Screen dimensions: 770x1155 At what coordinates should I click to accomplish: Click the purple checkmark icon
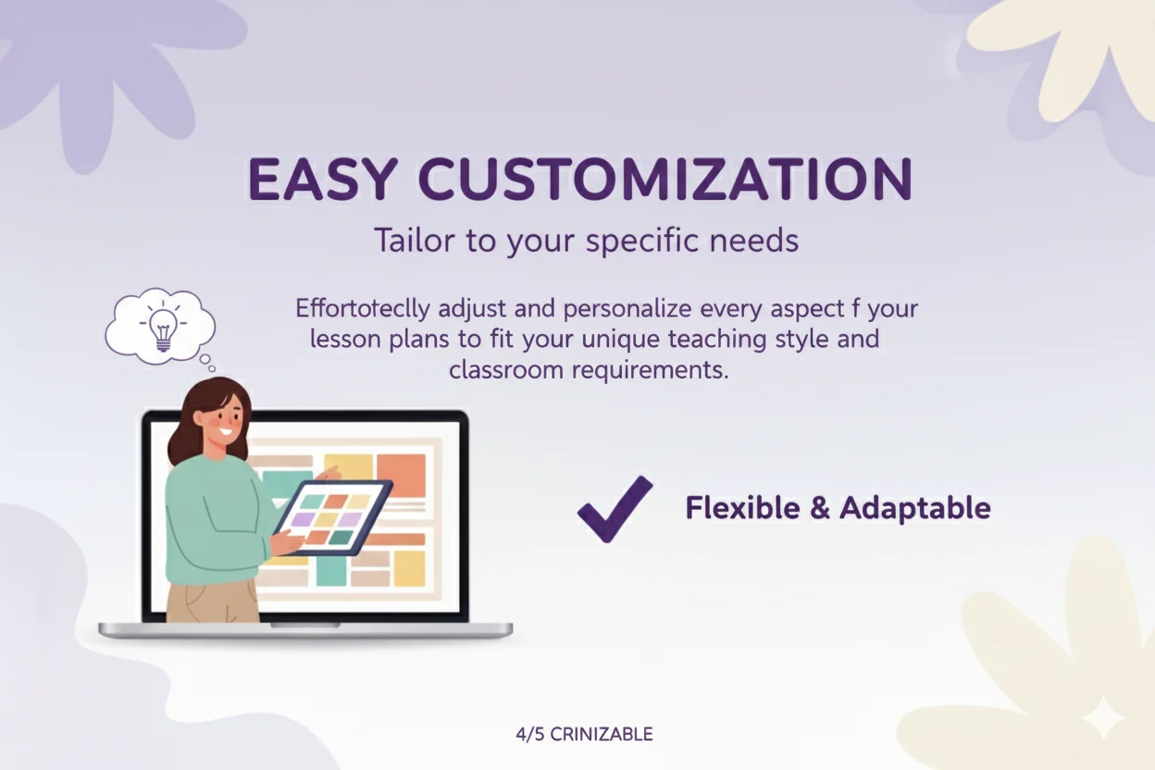pos(614,508)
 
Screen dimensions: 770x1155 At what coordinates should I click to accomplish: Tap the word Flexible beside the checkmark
pos(742,508)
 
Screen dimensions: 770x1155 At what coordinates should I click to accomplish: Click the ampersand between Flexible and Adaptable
pos(819,508)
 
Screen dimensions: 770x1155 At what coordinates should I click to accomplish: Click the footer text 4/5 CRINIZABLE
pos(584,735)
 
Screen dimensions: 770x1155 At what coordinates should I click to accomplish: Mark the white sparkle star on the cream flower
pos(1103,718)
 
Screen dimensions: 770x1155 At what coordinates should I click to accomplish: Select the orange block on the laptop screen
pos(401,474)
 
